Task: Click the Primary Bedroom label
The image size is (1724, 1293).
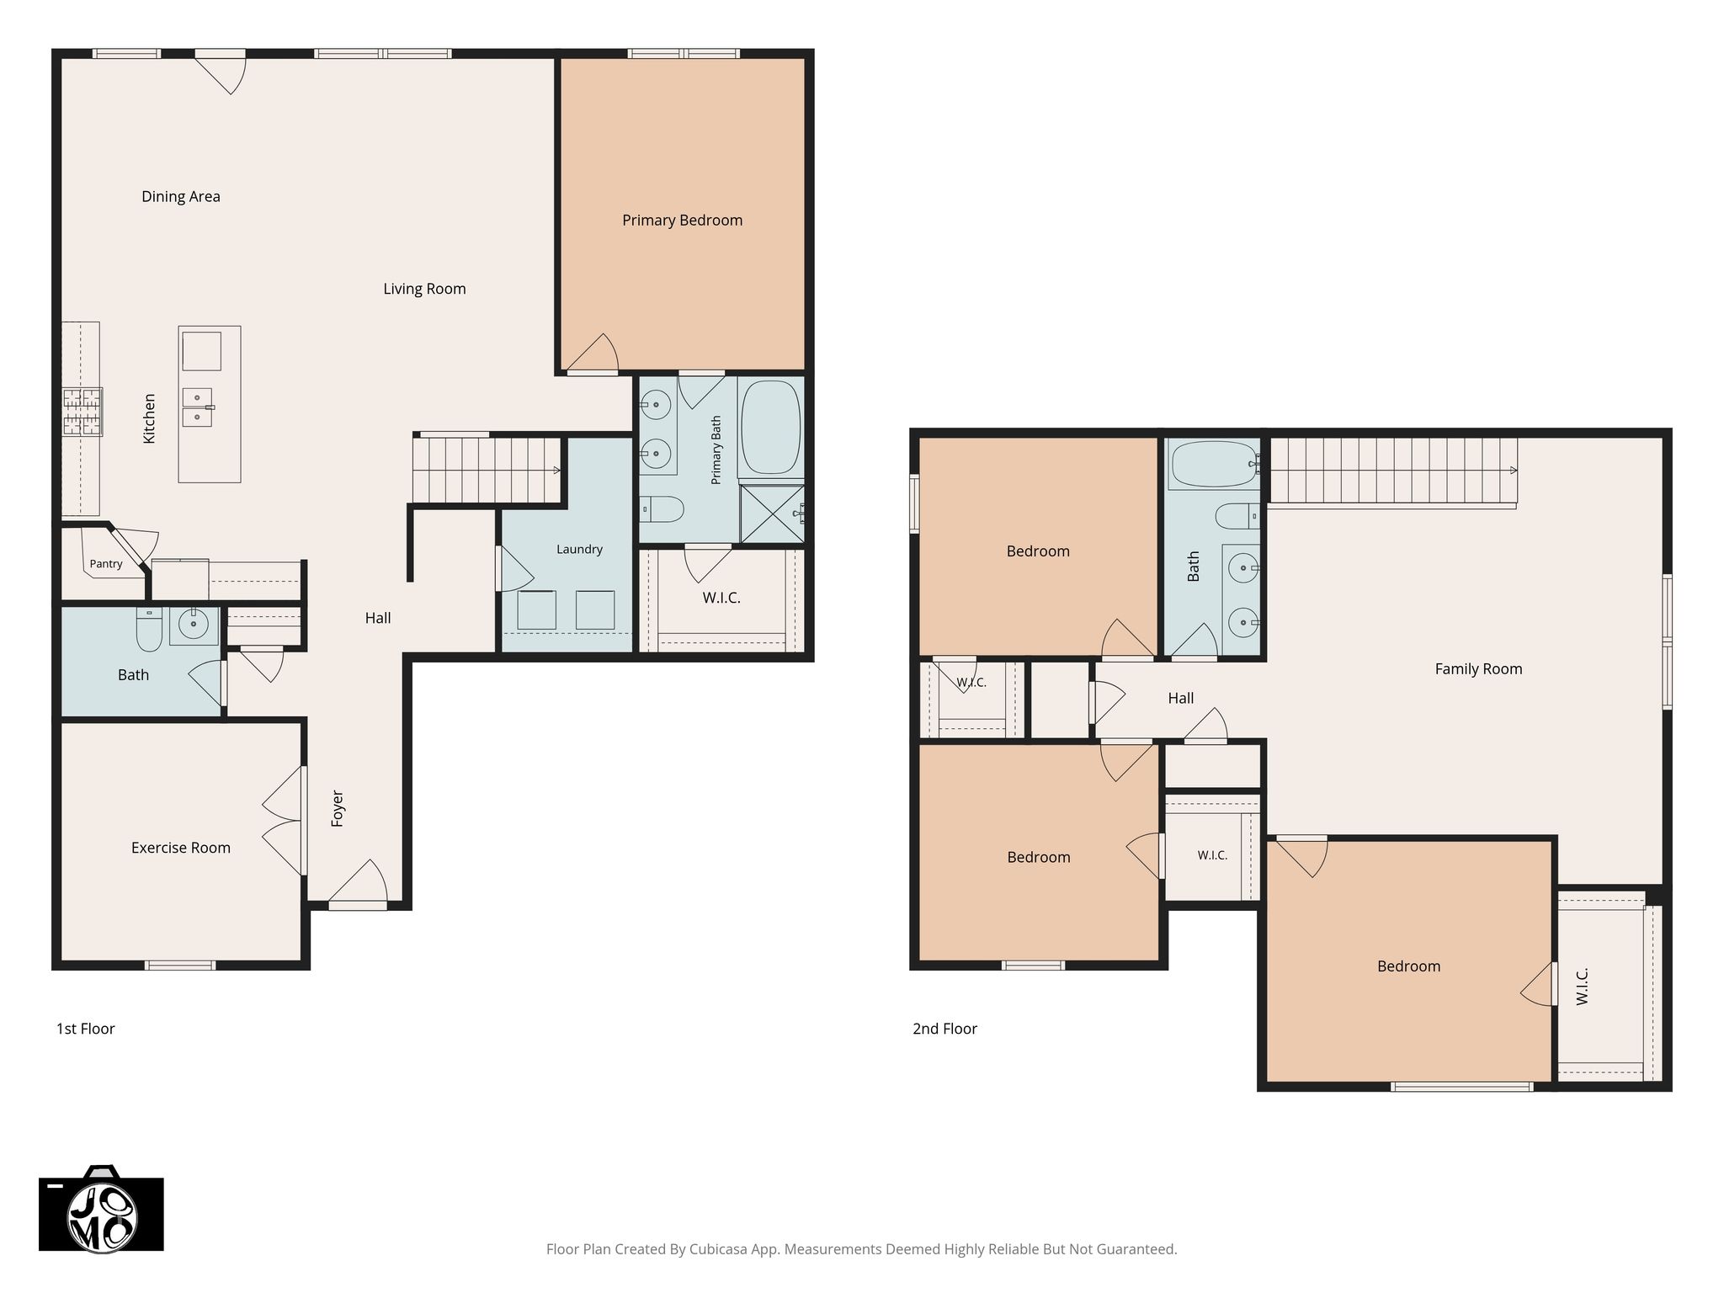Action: point(682,221)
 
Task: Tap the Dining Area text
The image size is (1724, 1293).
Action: point(181,197)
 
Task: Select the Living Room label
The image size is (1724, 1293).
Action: point(424,290)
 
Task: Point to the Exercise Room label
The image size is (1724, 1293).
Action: point(181,848)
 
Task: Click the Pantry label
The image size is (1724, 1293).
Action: point(106,564)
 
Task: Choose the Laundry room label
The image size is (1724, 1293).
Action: point(579,550)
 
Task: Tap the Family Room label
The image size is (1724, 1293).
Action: point(1478,669)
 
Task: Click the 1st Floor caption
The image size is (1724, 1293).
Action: point(85,1029)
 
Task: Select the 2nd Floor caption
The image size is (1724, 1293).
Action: point(944,1029)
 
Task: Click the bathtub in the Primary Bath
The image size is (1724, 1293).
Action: point(770,428)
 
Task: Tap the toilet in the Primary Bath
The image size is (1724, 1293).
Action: point(661,508)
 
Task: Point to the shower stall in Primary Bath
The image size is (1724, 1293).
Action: point(772,513)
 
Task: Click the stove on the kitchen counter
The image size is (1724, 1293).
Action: point(82,412)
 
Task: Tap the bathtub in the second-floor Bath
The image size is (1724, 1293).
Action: point(1213,464)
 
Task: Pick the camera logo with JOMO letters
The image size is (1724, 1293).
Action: point(101,1210)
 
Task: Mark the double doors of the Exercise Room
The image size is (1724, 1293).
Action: point(284,822)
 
